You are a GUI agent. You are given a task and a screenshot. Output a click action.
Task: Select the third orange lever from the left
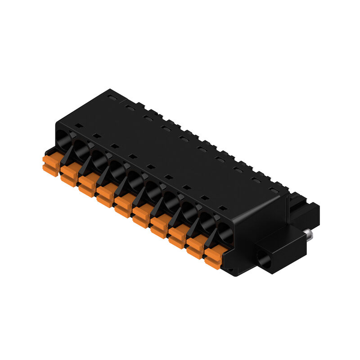(87, 185)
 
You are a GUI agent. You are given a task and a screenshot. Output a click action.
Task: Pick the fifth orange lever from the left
(123, 206)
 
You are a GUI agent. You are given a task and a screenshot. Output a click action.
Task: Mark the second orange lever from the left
(69, 175)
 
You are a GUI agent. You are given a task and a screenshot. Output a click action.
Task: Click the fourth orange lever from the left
(105, 196)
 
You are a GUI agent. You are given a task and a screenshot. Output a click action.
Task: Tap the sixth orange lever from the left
(141, 216)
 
